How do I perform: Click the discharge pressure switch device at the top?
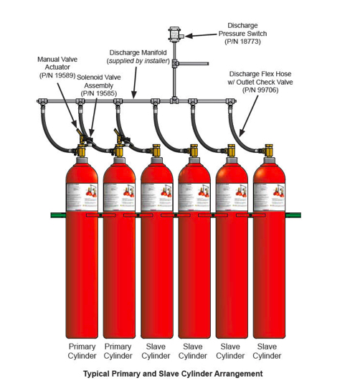(x=174, y=34)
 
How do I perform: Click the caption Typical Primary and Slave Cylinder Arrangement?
(x=173, y=374)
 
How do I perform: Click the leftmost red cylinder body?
(x=82, y=273)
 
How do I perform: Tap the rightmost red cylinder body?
(x=267, y=273)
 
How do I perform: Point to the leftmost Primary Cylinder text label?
(x=81, y=351)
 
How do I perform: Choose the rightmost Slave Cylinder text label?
(x=267, y=351)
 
